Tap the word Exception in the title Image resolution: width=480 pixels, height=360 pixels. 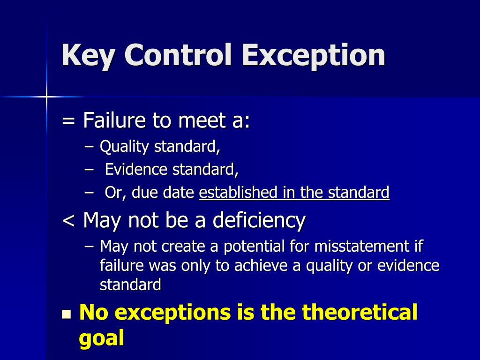point(314,55)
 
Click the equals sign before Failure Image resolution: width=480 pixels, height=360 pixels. point(68,121)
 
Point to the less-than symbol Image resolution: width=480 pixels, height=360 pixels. point(68,220)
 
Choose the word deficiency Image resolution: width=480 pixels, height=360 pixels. point(259,220)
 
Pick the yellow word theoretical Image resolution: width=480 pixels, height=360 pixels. point(359,312)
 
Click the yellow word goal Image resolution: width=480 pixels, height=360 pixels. point(101,338)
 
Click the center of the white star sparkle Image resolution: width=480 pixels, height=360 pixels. point(46,97)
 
